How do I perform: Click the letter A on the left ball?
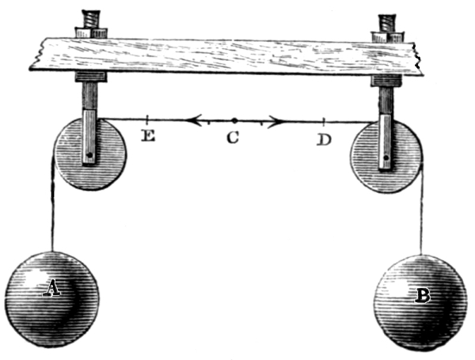[51, 290]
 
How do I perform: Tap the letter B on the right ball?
[423, 297]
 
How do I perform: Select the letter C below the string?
[232, 138]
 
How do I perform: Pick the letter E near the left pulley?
[147, 137]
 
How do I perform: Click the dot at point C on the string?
[234, 121]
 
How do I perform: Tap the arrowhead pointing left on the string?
[191, 121]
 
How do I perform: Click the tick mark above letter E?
[148, 120]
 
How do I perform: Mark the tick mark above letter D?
[325, 121]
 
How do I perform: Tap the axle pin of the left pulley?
[91, 155]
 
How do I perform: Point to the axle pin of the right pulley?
[386, 158]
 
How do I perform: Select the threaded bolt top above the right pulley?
[389, 18]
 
